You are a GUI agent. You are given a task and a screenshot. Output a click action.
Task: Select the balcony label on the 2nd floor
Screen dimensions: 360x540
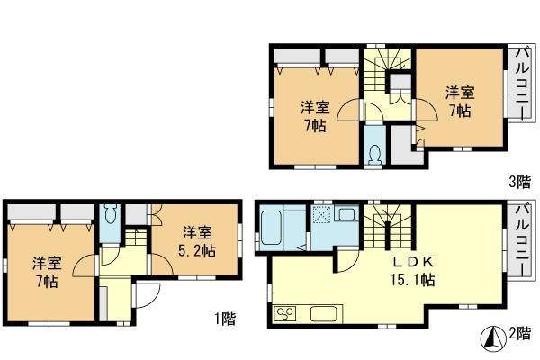(x=520, y=239)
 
